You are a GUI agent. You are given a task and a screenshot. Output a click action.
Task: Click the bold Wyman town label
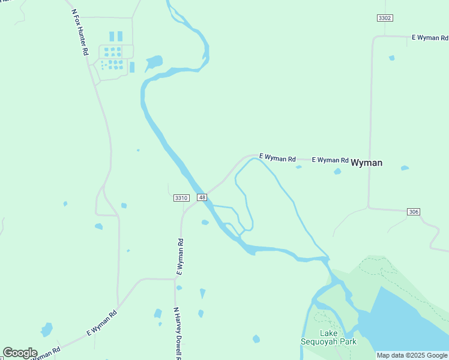coord(366,163)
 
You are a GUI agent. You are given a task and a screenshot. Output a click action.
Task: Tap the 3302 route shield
coord(385,18)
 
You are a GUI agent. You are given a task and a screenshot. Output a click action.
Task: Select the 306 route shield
coord(413,212)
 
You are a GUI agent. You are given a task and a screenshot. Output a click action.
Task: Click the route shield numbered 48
coord(202,197)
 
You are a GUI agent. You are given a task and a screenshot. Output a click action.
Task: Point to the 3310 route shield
coord(181,197)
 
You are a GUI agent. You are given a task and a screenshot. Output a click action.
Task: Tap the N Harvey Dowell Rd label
coord(178,333)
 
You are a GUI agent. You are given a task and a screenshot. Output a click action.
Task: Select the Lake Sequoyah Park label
coord(329,337)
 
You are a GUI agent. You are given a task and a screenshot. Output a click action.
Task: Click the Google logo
coord(20,353)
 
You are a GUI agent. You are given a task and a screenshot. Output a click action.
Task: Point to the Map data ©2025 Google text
coord(412,355)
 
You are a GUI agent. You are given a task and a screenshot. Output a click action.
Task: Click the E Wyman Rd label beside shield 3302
coord(430,37)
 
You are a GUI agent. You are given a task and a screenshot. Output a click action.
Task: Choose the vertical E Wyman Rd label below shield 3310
coord(179,257)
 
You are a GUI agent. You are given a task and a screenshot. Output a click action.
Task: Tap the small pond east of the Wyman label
coord(405,168)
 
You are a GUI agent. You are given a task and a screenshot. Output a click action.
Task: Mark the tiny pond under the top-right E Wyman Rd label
coord(392,58)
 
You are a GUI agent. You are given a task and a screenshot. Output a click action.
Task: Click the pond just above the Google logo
coord(46,329)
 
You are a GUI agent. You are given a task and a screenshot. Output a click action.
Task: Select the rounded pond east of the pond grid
coord(154,62)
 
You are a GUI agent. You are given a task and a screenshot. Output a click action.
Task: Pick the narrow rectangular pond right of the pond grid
coord(132,67)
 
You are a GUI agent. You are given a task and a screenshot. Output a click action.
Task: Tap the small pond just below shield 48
coord(205,223)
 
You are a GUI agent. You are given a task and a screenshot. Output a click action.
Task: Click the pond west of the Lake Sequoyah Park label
coord(256,339)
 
